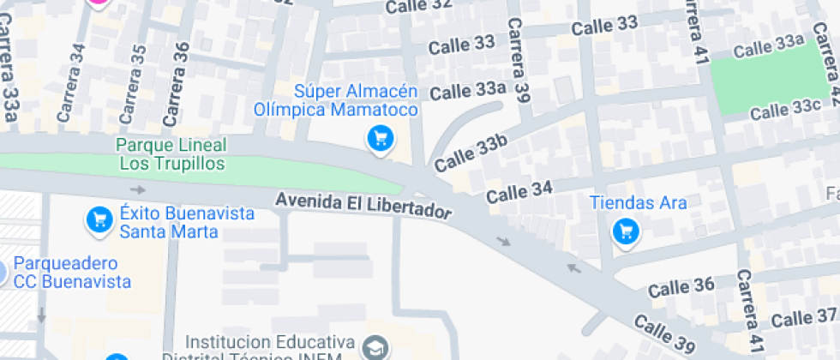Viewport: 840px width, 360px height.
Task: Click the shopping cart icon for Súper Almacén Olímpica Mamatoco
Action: click(x=380, y=138)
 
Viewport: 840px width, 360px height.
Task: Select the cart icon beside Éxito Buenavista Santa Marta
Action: click(x=99, y=220)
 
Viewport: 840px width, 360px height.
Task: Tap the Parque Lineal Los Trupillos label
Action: click(x=171, y=153)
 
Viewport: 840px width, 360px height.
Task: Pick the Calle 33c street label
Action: click(x=785, y=110)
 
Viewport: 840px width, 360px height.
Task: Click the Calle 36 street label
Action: click(x=681, y=287)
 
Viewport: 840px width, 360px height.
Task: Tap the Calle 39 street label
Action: click(x=664, y=334)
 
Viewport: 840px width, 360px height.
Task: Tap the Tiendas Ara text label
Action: click(x=638, y=203)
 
